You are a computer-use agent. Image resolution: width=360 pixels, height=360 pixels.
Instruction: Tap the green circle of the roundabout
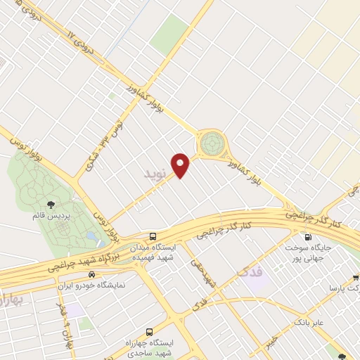210,145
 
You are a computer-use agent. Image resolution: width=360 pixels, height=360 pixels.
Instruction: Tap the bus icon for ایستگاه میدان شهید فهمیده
153,236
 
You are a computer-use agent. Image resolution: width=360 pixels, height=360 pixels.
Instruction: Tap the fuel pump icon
306,237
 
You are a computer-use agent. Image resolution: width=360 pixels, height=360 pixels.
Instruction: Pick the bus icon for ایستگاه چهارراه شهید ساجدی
149,331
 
